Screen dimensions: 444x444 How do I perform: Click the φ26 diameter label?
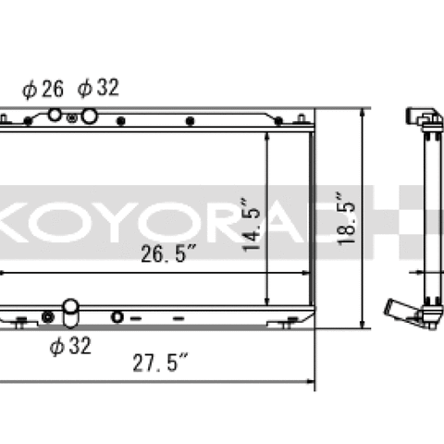pyautogui.click(x=43, y=89)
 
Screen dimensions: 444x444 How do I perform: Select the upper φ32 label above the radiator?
pyautogui.click(x=98, y=88)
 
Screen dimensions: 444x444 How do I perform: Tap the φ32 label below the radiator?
pyautogui.click(x=70, y=346)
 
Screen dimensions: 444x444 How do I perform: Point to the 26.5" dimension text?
pyautogui.click(x=168, y=253)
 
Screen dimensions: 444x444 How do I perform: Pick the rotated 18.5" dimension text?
pyautogui.click(x=346, y=219)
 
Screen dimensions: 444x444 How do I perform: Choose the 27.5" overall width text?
pyautogui.click(x=160, y=363)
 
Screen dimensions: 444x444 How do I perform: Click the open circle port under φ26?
pyautogui.click(x=55, y=115)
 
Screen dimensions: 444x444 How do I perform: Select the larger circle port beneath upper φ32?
pyautogui.click(x=90, y=117)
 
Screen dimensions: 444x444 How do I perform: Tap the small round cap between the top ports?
pyautogui.click(x=71, y=117)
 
